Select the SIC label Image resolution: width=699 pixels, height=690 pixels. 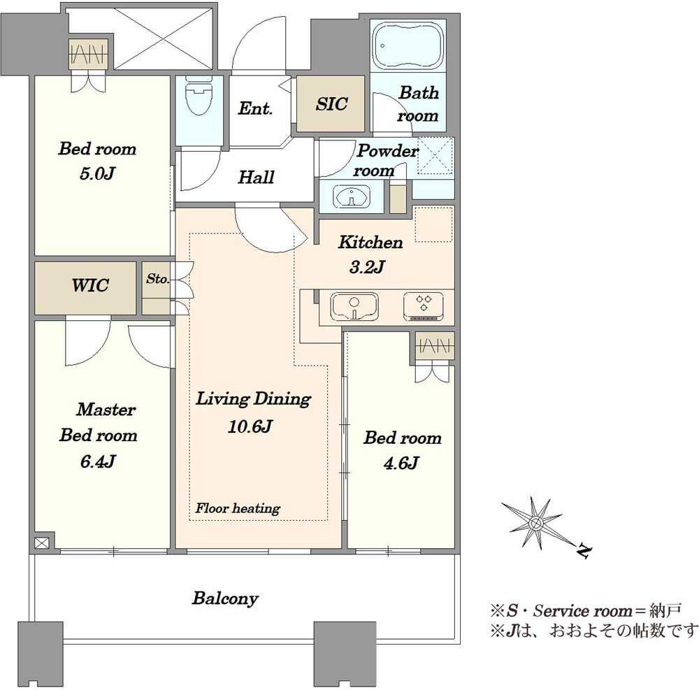(331, 104)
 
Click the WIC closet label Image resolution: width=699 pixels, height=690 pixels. (90, 285)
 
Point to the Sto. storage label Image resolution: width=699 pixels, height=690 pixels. (157, 278)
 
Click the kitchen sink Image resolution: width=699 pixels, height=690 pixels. (354, 307)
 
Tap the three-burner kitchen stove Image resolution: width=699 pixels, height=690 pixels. (424, 306)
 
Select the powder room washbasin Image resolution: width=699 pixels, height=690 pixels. (352, 196)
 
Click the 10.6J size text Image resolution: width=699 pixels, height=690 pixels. (250, 426)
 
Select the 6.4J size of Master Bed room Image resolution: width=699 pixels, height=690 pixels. (98, 461)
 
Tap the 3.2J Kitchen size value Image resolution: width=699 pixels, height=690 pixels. (367, 267)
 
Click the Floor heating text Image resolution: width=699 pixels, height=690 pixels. (238, 508)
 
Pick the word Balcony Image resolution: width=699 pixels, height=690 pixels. (225, 598)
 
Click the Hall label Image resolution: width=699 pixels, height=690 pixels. (256, 178)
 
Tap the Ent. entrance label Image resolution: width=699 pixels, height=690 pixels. (255, 108)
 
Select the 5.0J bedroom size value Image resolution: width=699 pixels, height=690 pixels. (98, 173)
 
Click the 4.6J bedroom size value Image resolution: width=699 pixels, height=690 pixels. (401, 463)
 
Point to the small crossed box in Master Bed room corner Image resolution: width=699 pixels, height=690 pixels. (41, 543)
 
